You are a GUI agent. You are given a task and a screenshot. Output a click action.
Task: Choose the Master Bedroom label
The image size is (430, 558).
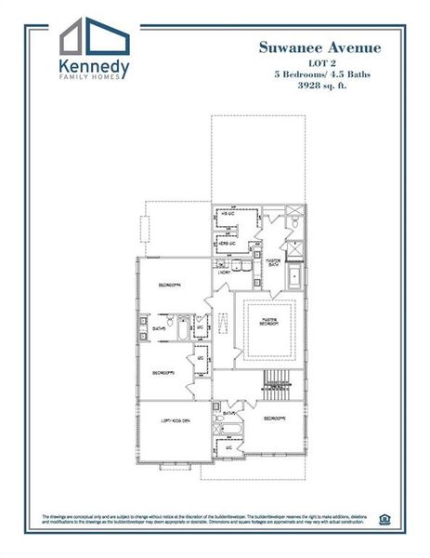(267, 323)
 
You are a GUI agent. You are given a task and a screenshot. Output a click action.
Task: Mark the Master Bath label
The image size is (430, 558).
(274, 262)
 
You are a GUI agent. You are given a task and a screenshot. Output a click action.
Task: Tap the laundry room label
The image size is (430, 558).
(224, 272)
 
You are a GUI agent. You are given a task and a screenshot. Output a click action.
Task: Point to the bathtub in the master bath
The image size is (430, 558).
(294, 276)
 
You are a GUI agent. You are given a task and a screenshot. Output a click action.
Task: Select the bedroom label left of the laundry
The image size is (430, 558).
(169, 284)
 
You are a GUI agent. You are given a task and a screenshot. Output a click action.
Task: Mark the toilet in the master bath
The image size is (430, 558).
(293, 223)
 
